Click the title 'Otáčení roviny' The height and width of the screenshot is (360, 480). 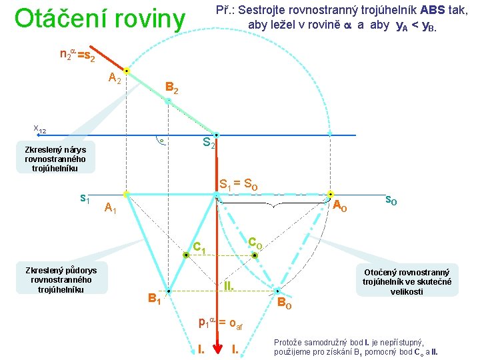pos(99,19)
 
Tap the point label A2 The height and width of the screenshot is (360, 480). pos(115,79)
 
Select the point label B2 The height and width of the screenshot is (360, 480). pos(171,87)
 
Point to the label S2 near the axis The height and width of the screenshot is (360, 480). pos(209,142)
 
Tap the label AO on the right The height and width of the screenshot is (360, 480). pos(339,205)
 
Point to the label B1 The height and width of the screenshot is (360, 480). pos(155,298)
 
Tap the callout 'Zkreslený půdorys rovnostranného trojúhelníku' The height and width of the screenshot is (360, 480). pos(61,279)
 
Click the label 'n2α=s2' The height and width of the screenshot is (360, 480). pos(77,56)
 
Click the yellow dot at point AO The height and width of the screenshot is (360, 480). pos(329,195)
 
